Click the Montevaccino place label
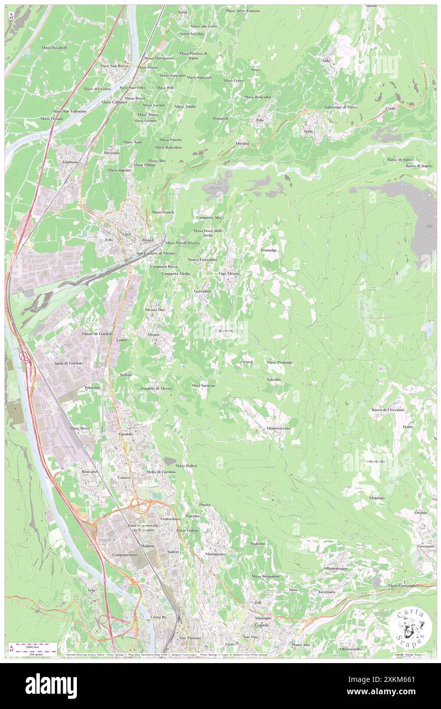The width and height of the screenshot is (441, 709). [x=278, y=428]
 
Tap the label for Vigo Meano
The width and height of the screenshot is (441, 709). [x=229, y=274]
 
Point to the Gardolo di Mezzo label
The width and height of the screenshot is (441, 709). [x=156, y=388]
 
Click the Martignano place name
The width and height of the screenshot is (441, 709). [x=215, y=554]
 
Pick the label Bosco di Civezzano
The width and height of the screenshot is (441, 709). [x=388, y=410]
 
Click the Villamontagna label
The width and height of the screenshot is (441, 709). [x=335, y=568]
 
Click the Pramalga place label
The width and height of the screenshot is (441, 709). [x=268, y=251]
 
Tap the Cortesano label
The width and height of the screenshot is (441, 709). [x=224, y=331]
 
